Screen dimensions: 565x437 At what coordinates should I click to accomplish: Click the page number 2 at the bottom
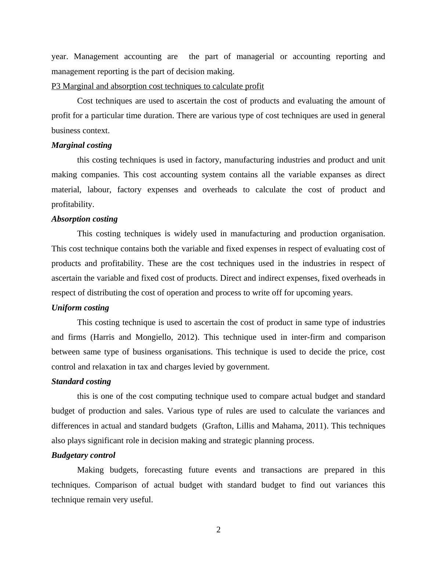[x=219, y=530]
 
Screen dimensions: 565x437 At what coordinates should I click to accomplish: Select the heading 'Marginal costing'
[x=82, y=145]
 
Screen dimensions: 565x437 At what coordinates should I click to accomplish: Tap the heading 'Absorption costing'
[x=84, y=219]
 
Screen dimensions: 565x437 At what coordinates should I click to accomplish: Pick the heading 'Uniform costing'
[x=80, y=308]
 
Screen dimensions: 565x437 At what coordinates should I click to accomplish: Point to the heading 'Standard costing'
[x=81, y=382]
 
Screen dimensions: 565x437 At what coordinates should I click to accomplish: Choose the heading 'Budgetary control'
[x=83, y=455]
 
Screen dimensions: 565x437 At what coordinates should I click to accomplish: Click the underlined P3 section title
[x=158, y=86]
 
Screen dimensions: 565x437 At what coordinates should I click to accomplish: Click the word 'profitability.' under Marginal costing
[x=73, y=204]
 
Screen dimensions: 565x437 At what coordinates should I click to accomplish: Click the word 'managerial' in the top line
[x=255, y=56]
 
